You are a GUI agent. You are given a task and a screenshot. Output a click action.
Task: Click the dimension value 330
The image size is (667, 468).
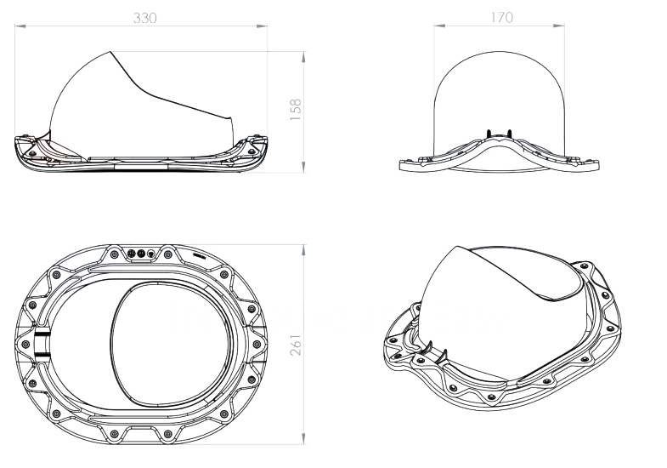(x=145, y=18)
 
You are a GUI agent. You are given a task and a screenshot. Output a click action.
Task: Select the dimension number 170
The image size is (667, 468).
(x=502, y=18)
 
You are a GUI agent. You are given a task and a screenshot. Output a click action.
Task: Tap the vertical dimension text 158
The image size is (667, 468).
(x=296, y=110)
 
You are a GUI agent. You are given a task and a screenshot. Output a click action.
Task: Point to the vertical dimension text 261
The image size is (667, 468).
(x=296, y=345)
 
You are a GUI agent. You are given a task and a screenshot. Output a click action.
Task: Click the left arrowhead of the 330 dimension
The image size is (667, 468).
(x=20, y=26)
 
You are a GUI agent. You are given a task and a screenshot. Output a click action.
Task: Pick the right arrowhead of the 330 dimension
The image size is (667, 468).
(x=262, y=26)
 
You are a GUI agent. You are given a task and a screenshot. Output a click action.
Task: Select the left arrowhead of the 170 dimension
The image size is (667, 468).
(x=439, y=26)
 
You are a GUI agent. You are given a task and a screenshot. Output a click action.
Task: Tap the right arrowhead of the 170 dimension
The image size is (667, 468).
(x=559, y=26)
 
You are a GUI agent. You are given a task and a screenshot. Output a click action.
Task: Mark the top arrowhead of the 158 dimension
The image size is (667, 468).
(x=303, y=57)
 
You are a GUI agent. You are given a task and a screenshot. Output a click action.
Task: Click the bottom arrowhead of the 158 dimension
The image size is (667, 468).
(x=303, y=167)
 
